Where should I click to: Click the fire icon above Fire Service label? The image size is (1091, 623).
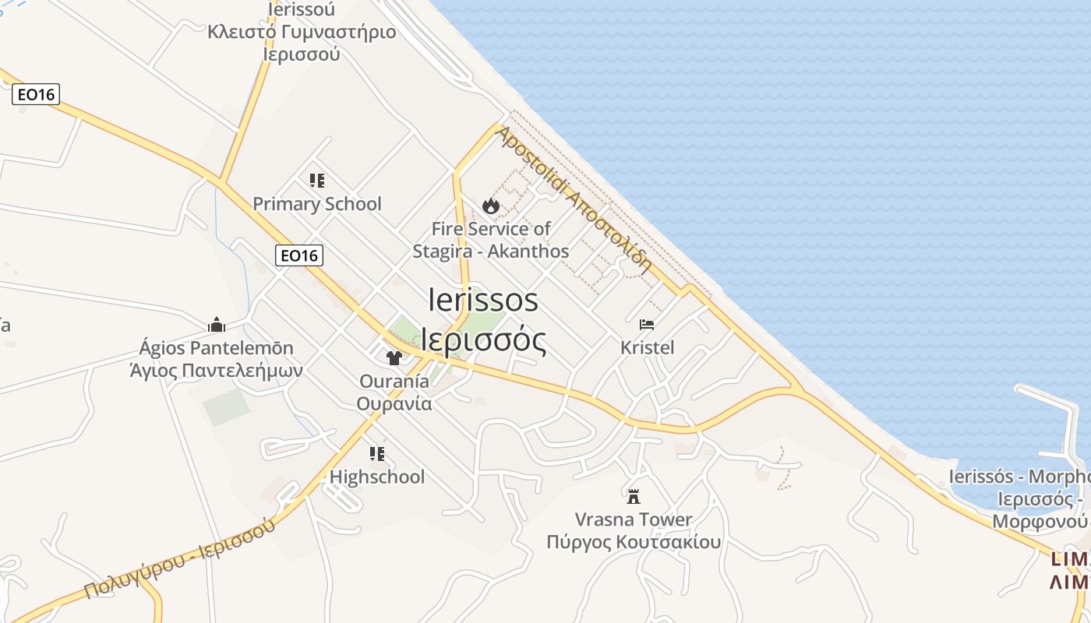[x=490, y=206]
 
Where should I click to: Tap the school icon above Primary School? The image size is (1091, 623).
[x=316, y=181]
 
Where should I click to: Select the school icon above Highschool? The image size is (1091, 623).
[x=377, y=453]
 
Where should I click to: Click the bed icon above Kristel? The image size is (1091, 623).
[x=647, y=325]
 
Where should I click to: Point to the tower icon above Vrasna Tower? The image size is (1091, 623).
[x=634, y=495]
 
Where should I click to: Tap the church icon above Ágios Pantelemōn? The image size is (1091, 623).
[x=217, y=325]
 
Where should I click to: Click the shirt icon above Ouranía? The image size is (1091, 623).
[x=394, y=357]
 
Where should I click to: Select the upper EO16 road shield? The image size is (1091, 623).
[x=36, y=95]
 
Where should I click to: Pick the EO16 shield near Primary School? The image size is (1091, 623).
[x=299, y=255]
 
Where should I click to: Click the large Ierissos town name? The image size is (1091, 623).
[x=483, y=300]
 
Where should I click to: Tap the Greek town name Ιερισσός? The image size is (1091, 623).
[x=483, y=340]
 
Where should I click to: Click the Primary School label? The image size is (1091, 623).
[x=317, y=204]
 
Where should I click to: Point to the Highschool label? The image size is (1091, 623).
[x=377, y=477]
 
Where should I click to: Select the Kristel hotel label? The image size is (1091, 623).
[x=647, y=347]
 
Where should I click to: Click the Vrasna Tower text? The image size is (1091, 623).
[x=634, y=519]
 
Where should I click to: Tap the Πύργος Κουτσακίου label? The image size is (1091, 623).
[x=634, y=541]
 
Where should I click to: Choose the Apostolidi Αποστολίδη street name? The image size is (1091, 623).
[x=574, y=198]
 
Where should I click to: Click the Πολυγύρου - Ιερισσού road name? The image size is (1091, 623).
[x=179, y=559]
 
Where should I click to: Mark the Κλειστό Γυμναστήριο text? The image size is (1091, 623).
[x=302, y=32]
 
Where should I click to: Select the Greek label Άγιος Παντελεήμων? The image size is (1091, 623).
[x=216, y=370]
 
